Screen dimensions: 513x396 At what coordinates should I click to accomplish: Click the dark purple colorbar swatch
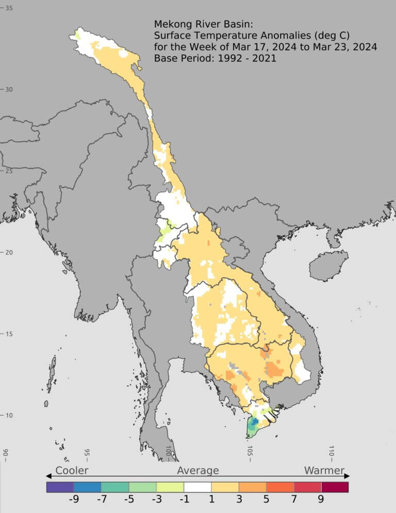point(60,487)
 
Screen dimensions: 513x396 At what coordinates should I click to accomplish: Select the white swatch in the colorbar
point(197,487)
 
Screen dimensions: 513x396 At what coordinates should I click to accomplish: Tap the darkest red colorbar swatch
point(335,487)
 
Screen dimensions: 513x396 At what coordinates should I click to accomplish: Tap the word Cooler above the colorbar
point(72,470)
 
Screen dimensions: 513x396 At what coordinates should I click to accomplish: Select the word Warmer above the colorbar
point(324,470)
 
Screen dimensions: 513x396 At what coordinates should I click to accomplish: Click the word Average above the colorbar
point(198,470)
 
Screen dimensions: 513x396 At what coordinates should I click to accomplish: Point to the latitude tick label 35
point(9,8)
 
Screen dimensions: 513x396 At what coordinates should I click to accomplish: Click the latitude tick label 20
point(9,252)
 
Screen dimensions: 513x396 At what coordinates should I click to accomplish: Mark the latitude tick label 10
point(9,415)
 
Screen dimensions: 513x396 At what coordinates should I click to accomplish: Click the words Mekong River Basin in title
point(198,24)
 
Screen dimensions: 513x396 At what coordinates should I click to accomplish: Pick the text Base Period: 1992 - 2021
point(215,58)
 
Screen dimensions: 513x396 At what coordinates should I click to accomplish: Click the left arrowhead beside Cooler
point(49,476)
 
